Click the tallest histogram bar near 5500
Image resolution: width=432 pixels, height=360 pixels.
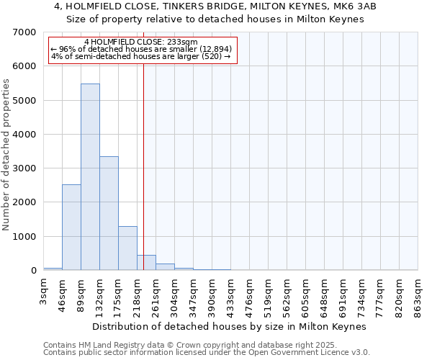[90, 176]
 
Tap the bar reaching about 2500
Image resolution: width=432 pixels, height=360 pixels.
[71, 227]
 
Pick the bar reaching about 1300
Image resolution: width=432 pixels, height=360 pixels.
[127, 248]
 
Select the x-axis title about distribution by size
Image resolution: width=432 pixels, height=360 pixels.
[230, 326]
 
